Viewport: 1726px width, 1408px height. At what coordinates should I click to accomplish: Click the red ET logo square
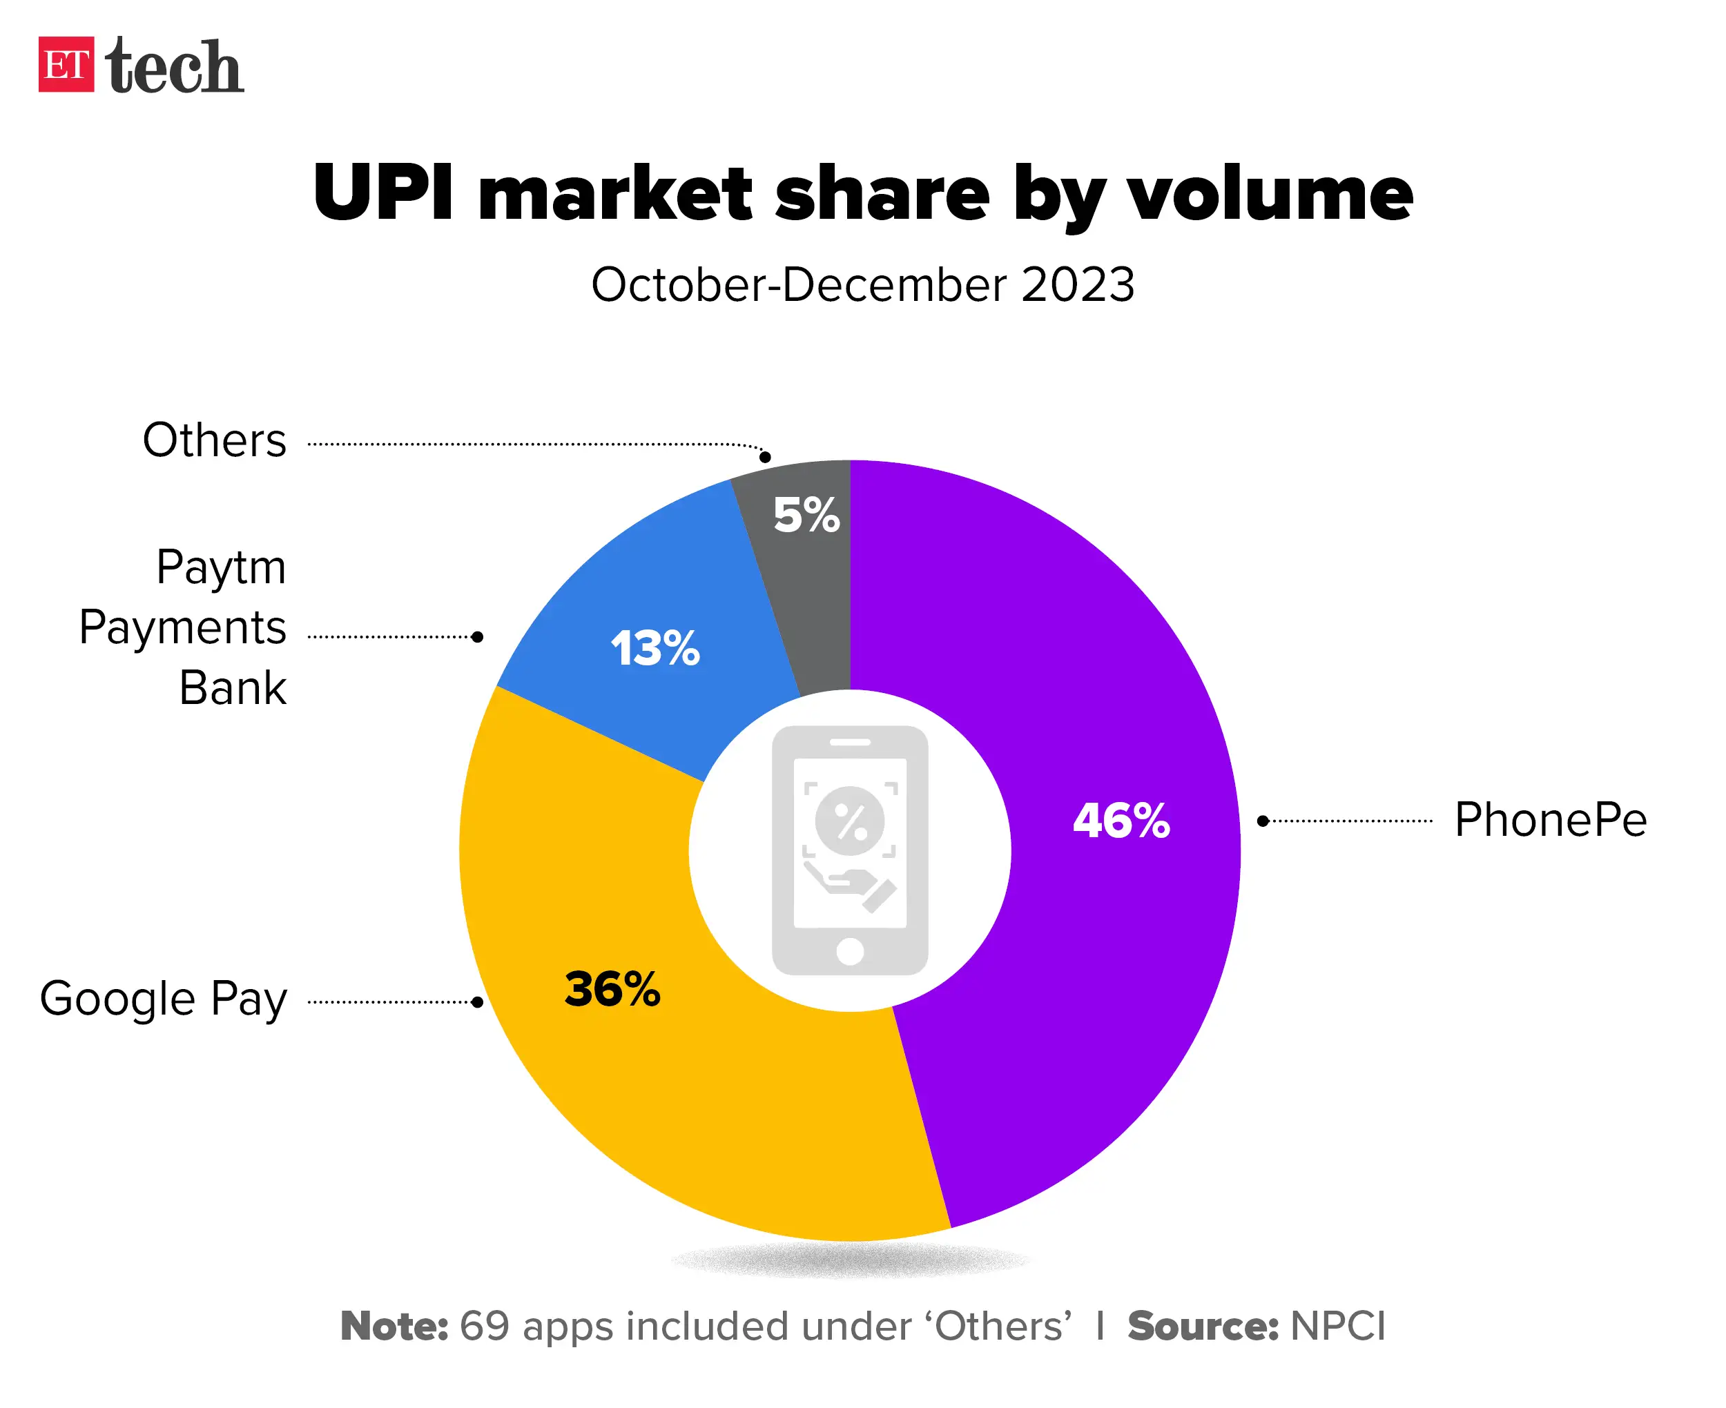(66, 65)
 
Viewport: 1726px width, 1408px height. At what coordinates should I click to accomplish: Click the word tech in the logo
(175, 66)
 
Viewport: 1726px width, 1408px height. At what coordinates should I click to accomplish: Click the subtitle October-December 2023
(862, 286)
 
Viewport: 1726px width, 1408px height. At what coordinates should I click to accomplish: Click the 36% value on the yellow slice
(612, 990)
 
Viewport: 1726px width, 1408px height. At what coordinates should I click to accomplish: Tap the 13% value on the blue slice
(655, 648)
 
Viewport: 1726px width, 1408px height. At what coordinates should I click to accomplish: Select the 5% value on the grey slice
(806, 515)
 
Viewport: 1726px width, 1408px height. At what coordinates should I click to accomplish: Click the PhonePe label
(1550, 819)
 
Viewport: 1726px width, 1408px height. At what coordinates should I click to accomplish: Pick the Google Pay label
(164, 999)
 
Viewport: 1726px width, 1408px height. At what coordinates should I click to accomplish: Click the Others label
(214, 440)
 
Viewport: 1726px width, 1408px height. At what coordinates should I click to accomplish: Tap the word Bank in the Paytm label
(233, 689)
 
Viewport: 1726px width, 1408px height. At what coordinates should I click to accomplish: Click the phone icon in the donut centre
(850, 850)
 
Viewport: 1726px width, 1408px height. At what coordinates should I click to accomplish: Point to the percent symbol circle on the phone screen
(850, 821)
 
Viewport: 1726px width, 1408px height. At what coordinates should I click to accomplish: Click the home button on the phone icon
(850, 951)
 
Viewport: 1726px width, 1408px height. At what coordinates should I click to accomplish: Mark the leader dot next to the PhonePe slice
(1263, 821)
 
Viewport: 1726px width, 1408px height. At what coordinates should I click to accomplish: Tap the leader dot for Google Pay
(478, 1002)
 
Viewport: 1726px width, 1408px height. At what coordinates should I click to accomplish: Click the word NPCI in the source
(1337, 1326)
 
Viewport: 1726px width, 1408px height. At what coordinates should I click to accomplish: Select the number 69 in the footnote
(484, 1326)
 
